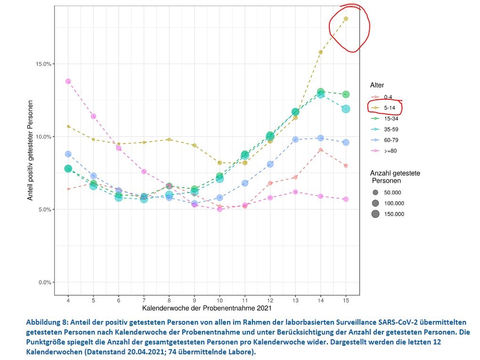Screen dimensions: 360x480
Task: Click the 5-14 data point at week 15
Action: tap(346, 19)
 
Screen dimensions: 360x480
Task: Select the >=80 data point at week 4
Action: tap(68, 81)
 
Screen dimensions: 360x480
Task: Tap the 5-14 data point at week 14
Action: tap(320, 52)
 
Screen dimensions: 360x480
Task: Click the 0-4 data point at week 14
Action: tap(320, 150)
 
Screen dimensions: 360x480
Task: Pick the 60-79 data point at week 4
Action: tap(68, 154)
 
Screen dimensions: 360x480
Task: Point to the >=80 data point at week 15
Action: tap(346, 199)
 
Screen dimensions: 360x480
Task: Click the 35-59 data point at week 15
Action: tap(346, 109)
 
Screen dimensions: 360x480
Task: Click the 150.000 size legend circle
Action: tap(375, 214)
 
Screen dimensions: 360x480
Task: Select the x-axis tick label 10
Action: tap(220, 300)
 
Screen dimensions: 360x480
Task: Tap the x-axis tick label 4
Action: tap(68, 300)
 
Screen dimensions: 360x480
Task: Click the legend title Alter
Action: tap(377, 85)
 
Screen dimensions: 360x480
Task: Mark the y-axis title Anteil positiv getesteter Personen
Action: tap(30, 150)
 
